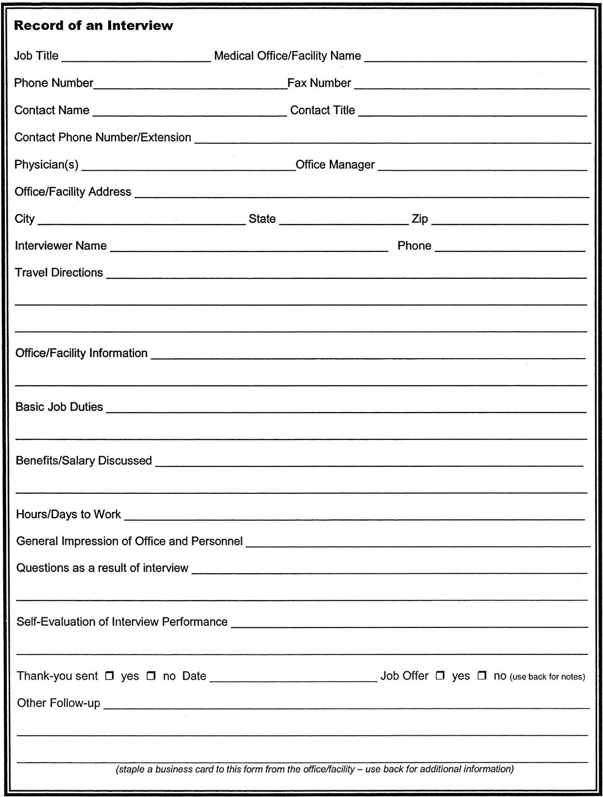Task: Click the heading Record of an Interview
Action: point(94,26)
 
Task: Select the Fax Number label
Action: point(319,83)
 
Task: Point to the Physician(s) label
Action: point(47,165)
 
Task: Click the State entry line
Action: point(343,221)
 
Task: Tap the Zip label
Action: point(420,219)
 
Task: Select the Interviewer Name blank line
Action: point(248,248)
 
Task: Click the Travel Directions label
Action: point(59,273)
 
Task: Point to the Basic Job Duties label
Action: point(59,407)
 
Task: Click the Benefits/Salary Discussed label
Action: point(84,461)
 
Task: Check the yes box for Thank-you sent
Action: point(110,676)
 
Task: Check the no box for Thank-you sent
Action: point(151,676)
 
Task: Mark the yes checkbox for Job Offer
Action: point(440,676)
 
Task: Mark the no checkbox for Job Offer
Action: point(482,676)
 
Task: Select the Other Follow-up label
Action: point(58,703)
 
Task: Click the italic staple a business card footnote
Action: point(315,769)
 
